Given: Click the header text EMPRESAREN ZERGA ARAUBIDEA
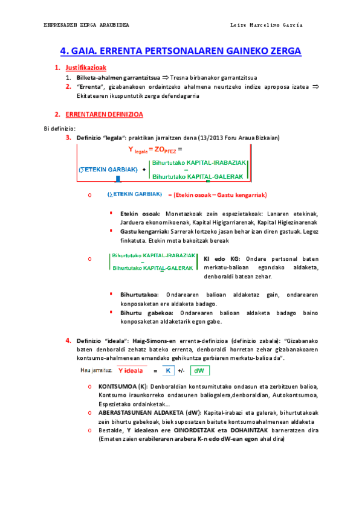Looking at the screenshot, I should coord(86,25).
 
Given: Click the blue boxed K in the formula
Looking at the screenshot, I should coord(169,371).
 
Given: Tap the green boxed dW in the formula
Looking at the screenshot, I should coord(199,371).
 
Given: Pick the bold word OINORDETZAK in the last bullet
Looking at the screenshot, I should coord(181,430).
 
